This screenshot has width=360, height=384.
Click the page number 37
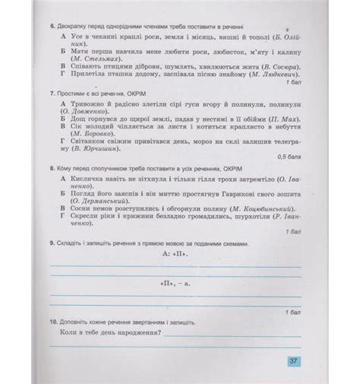(293, 361)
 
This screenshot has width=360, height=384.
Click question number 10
(52, 322)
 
